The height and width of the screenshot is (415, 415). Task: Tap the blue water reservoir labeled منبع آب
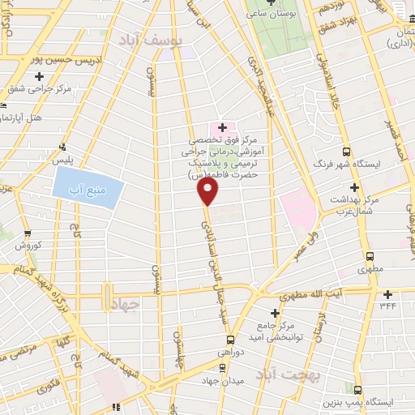tap(88, 190)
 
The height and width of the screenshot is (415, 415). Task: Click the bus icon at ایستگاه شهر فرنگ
tap(347, 152)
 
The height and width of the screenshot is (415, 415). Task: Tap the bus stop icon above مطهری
tap(370, 255)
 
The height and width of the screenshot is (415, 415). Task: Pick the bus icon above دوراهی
tap(230, 340)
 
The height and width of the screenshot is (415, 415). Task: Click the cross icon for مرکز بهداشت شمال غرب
tap(353, 187)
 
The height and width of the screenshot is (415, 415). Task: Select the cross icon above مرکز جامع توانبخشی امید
tap(276, 313)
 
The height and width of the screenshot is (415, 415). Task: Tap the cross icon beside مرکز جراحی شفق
tap(39, 76)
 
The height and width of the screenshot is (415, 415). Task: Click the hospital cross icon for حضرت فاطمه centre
tap(222, 127)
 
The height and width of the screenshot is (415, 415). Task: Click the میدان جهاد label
tap(224, 379)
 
